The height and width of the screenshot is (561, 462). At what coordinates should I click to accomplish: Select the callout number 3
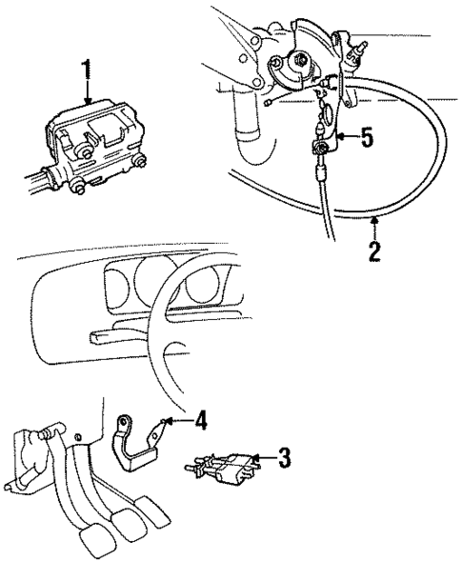coord(283,458)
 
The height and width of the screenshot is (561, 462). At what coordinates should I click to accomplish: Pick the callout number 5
coord(366,138)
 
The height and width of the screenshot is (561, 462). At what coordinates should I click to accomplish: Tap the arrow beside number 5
coord(346,138)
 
